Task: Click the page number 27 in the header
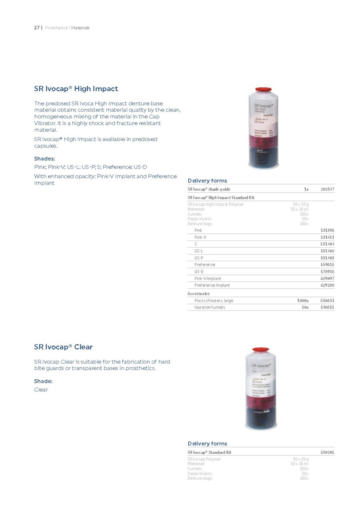click(x=36, y=28)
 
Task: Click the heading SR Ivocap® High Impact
click(x=76, y=88)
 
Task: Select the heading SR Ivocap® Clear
click(x=63, y=347)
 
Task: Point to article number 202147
click(x=327, y=189)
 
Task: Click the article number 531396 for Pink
click(x=327, y=230)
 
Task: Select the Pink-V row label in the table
click(x=200, y=237)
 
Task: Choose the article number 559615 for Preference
click(x=327, y=265)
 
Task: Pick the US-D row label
click(x=199, y=272)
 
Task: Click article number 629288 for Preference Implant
click(x=327, y=285)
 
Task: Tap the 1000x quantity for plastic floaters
click(x=302, y=301)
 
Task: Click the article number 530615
click(x=327, y=307)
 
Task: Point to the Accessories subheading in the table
click(x=199, y=294)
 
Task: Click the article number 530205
click(x=327, y=452)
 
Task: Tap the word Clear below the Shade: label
click(x=41, y=390)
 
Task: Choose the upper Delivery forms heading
click(x=207, y=181)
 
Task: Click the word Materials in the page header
click(x=80, y=28)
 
